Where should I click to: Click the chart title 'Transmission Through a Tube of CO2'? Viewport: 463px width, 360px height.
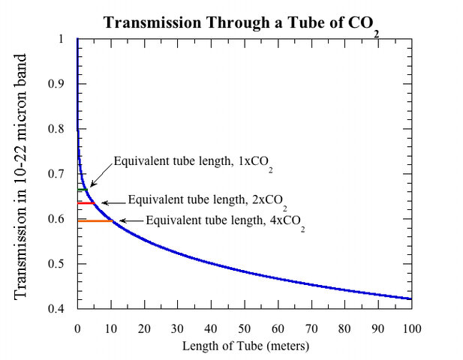(x=240, y=23)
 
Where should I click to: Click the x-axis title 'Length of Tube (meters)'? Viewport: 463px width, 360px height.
(x=245, y=346)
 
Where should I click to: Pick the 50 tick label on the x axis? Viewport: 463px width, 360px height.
(x=244, y=328)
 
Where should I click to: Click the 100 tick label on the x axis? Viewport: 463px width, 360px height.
(x=411, y=328)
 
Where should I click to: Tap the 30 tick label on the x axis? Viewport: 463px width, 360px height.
(x=177, y=328)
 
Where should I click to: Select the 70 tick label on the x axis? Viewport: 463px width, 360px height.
(x=311, y=328)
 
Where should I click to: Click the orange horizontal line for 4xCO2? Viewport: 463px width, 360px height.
(x=94, y=221)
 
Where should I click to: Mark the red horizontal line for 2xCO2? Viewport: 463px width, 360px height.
(x=86, y=203)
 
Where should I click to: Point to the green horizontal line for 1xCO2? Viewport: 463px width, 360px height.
(x=82, y=190)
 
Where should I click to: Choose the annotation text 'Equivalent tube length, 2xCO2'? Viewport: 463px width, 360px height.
(x=207, y=200)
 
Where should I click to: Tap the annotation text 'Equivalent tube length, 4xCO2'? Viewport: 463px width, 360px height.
(x=225, y=222)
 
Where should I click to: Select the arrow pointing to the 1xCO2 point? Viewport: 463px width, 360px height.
(x=100, y=177)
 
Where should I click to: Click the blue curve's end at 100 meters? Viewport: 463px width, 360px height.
(x=410, y=299)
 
